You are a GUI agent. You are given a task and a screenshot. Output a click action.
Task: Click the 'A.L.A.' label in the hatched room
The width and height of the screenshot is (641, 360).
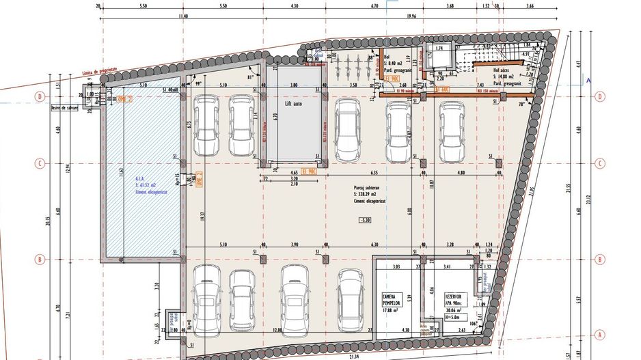point(141,178)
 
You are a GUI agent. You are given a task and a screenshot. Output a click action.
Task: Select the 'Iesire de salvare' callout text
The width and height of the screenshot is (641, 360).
point(65,107)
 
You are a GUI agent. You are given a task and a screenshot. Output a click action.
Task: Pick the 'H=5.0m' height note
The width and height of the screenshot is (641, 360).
point(452,317)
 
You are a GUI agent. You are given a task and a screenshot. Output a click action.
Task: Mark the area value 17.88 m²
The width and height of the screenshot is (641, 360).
point(390,310)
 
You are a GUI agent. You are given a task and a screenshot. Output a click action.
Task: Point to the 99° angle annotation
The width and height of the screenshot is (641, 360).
point(200,83)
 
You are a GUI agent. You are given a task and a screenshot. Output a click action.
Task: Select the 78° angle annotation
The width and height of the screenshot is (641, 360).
point(521,104)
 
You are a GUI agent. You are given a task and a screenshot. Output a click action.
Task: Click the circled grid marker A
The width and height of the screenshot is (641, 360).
point(599,335)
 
